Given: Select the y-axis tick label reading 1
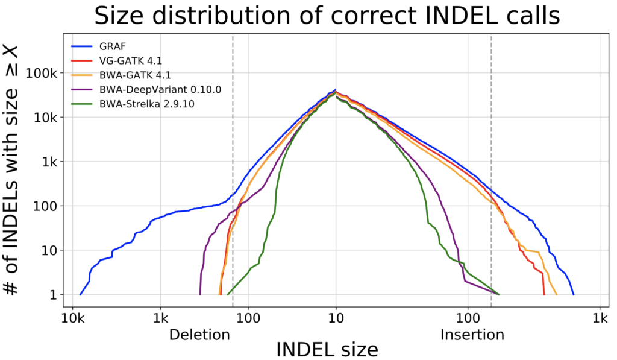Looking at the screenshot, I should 53,295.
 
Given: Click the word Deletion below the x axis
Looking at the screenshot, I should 199,335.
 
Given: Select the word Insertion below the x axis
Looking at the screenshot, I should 472,335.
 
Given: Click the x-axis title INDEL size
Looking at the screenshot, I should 327,349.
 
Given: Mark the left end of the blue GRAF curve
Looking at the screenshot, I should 80,294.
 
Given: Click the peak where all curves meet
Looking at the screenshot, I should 336,90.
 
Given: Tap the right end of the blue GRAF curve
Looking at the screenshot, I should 573,294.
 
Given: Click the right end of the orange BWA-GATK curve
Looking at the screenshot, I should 556,294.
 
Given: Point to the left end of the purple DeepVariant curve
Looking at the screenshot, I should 200,294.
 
